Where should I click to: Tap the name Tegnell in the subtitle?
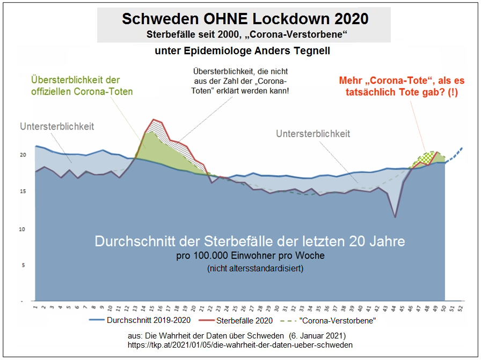(311, 51)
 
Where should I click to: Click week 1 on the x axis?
(35, 308)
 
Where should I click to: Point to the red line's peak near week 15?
(154, 119)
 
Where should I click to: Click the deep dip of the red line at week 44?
(395, 217)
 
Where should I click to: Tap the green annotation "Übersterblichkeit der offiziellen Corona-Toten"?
(82, 85)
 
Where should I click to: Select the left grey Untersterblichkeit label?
(57, 127)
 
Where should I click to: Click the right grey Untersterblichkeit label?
(313, 134)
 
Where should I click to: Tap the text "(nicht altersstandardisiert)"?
(255, 268)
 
